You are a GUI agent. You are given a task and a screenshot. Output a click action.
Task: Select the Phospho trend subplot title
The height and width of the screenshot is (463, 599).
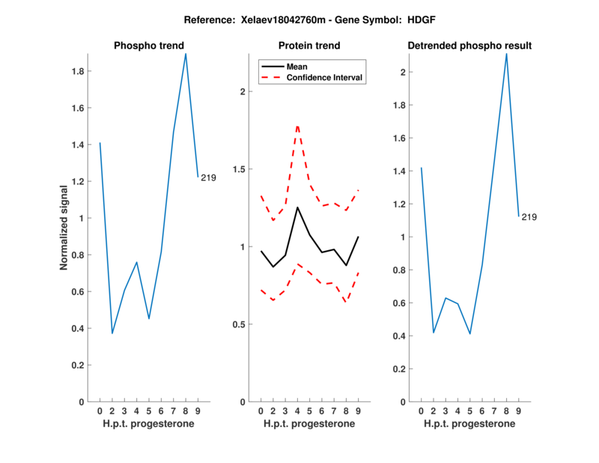[148, 46]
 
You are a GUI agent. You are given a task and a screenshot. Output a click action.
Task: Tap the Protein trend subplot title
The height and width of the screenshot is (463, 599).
[309, 46]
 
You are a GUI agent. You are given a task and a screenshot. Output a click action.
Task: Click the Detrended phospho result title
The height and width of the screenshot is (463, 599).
[469, 46]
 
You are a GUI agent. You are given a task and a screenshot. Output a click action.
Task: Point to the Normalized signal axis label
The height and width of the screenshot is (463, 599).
[65, 228]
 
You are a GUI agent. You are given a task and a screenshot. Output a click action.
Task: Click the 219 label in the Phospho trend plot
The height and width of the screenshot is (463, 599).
[208, 178]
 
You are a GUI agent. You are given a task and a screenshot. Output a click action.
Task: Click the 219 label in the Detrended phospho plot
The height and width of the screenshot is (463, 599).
[529, 217]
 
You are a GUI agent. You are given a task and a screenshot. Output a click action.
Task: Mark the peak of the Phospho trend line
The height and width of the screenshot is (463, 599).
[186, 53]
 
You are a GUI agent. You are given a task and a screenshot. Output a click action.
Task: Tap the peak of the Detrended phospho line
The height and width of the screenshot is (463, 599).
[507, 53]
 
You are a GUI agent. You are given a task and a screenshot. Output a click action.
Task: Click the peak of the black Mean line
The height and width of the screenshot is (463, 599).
[297, 207]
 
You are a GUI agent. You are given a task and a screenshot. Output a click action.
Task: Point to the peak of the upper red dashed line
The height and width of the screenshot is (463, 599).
[297, 125]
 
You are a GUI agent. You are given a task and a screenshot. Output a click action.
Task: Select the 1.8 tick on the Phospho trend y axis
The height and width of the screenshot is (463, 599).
[77, 72]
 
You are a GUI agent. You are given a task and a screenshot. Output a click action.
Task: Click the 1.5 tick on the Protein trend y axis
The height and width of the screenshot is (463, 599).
[238, 169]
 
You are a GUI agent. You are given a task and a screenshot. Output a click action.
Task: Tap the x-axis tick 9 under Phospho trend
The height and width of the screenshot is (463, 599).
[198, 411]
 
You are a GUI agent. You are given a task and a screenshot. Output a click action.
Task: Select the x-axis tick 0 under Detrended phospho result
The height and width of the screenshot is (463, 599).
[421, 411]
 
